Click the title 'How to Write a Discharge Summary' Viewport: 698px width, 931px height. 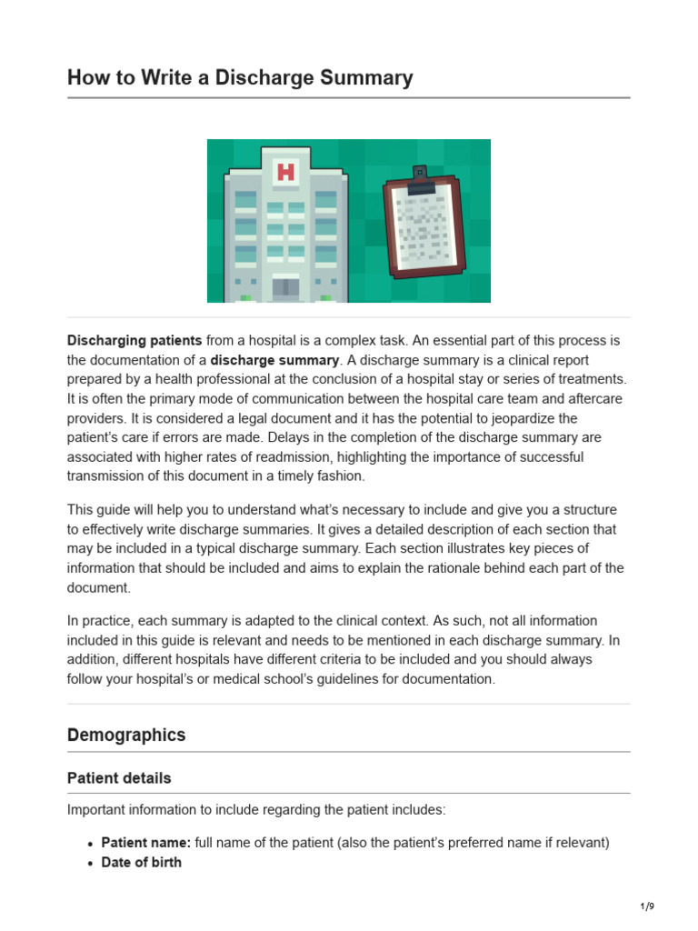(240, 77)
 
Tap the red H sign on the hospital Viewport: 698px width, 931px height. (285, 171)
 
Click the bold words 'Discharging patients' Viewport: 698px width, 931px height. (135, 340)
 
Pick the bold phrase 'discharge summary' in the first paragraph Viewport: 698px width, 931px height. (274, 360)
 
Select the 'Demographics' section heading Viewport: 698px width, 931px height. (126, 735)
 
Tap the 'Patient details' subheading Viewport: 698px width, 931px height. (119, 778)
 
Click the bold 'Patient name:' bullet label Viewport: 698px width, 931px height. (145, 843)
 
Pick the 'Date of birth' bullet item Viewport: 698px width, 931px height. (141, 862)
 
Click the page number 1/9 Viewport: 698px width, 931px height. (646, 906)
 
